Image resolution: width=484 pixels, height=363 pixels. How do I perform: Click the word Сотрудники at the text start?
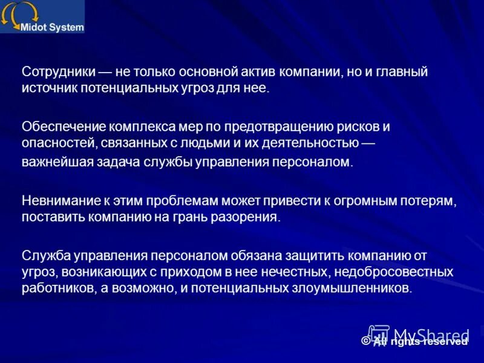pyautogui.click(x=58, y=72)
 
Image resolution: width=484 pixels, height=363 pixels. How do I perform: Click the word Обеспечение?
pyautogui.click(x=64, y=126)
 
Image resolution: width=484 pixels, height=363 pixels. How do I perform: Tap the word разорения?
pyautogui.click(x=249, y=217)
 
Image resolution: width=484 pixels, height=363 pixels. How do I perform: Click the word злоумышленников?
pyautogui.click(x=350, y=288)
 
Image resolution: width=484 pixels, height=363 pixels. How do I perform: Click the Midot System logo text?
pyautogui.click(x=52, y=27)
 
